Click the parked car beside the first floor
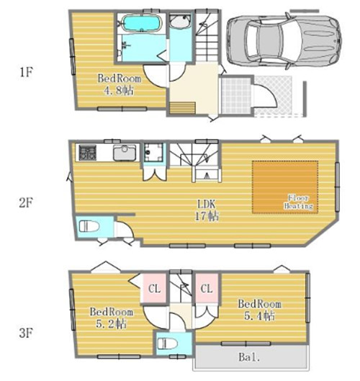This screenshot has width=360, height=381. coord(284,40)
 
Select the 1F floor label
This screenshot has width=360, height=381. coord(26,72)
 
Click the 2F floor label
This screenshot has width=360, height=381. coord(26,202)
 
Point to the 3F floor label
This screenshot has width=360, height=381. coord(26,333)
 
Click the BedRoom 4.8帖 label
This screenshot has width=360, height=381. coord(120,84)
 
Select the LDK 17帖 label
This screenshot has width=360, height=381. coord(207,210)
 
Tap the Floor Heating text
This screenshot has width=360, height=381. coord(299,202)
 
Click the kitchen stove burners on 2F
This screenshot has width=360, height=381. coord(87,153)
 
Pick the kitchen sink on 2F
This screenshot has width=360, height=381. coord(125,153)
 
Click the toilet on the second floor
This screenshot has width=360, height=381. coord(89,226)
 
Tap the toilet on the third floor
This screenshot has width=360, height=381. coord(167,344)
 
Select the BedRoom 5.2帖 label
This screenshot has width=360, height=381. coord(112,318)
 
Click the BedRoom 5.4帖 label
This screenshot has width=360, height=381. coord(260,310)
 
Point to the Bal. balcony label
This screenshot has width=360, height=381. coord(249,357)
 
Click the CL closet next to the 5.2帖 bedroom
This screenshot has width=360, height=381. coord(155,288)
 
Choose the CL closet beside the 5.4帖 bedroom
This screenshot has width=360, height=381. coord(207,288)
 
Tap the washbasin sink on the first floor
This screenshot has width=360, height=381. coord(180,21)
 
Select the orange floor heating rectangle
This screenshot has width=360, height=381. coord(285,187)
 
